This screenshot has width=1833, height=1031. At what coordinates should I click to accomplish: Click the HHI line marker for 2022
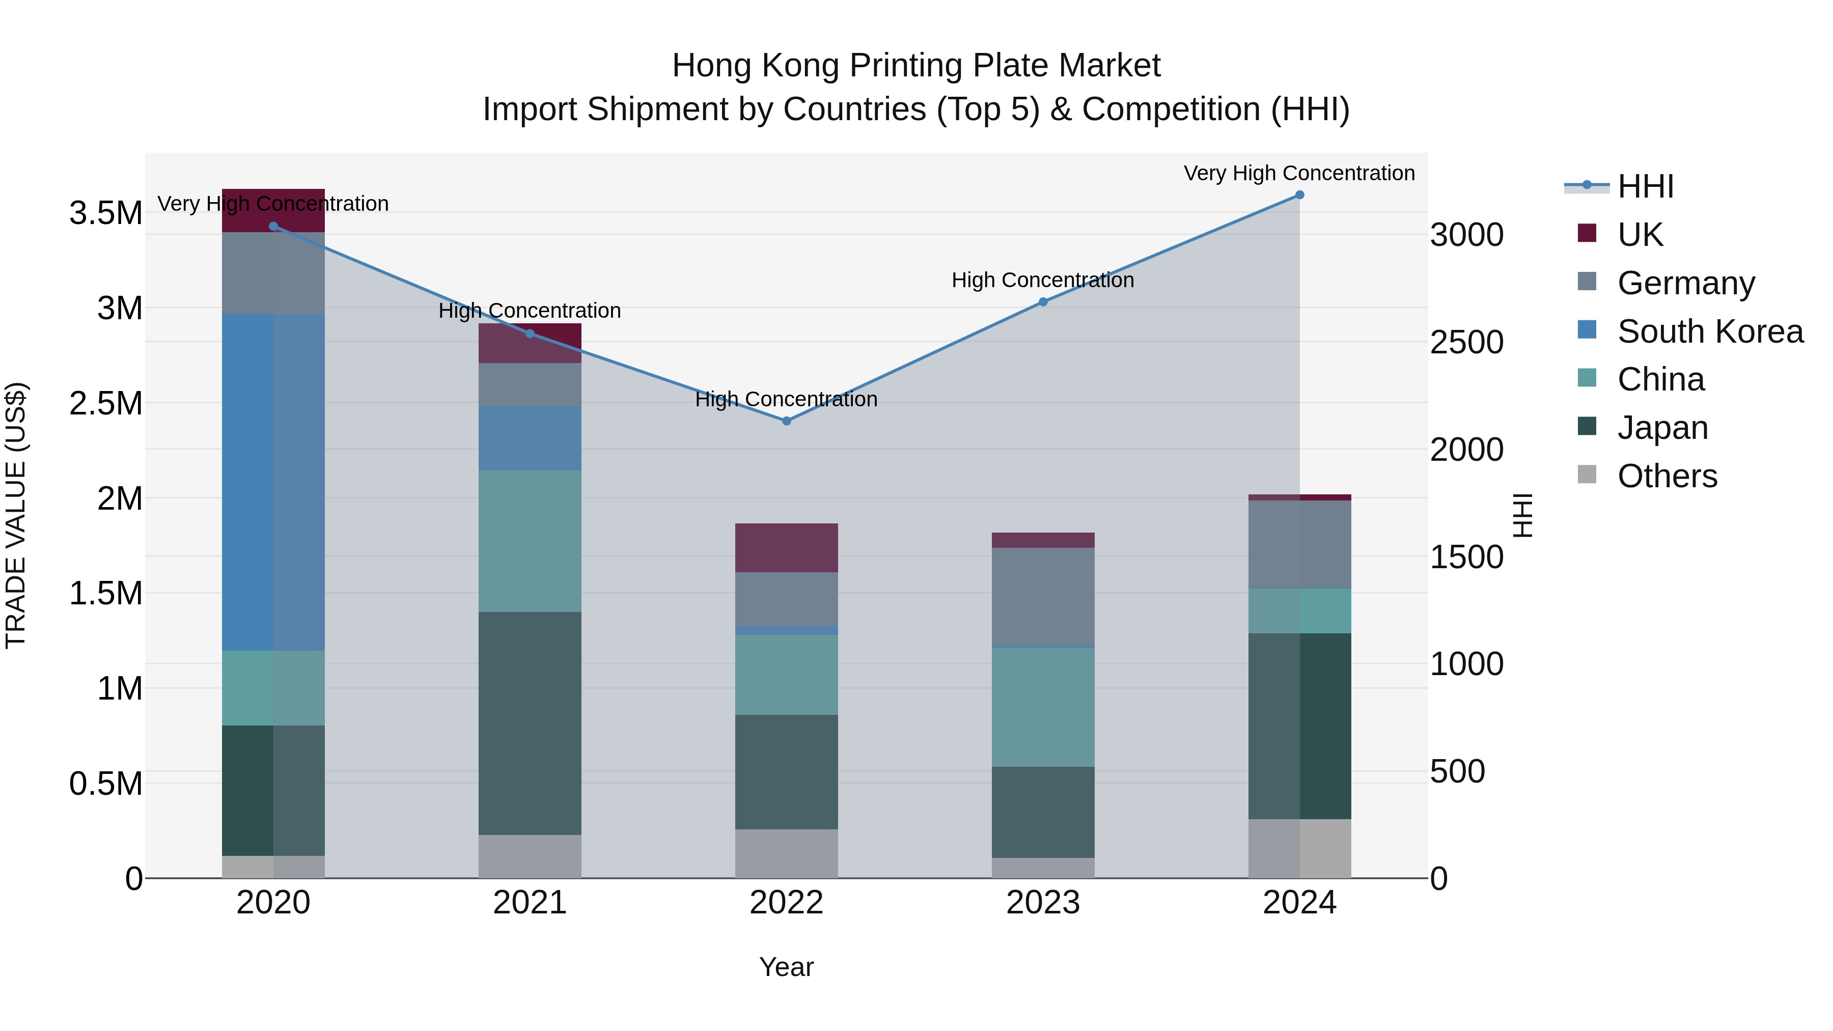click(786, 421)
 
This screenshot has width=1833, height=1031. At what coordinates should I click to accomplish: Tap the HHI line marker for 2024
click(1299, 195)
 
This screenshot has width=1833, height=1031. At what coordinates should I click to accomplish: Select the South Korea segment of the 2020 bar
click(273, 483)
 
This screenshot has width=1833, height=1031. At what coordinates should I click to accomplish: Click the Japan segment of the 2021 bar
click(530, 723)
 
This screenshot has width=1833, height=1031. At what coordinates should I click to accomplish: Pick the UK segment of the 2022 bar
click(786, 548)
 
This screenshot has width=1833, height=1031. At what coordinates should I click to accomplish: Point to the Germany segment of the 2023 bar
click(1043, 596)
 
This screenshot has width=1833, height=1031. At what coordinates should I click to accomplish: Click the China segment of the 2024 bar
click(1299, 610)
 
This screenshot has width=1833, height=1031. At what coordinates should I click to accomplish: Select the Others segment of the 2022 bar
click(786, 853)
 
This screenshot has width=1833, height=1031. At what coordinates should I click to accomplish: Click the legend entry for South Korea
click(1710, 331)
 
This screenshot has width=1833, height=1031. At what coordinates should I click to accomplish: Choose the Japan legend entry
click(1662, 428)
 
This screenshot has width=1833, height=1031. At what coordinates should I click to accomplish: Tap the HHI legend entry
click(1645, 186)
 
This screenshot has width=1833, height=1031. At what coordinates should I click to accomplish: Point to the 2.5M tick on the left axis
click(106, 403)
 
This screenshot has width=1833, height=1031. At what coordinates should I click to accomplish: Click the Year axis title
click(786, 967)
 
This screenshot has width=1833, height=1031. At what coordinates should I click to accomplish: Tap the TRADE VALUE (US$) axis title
click(16, 515)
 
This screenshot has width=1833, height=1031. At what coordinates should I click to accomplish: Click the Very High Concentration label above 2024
click(1299, 173)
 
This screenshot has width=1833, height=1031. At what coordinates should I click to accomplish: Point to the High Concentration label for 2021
click(530, 311)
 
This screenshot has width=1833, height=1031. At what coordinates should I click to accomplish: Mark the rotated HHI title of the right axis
click(1521, 515)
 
